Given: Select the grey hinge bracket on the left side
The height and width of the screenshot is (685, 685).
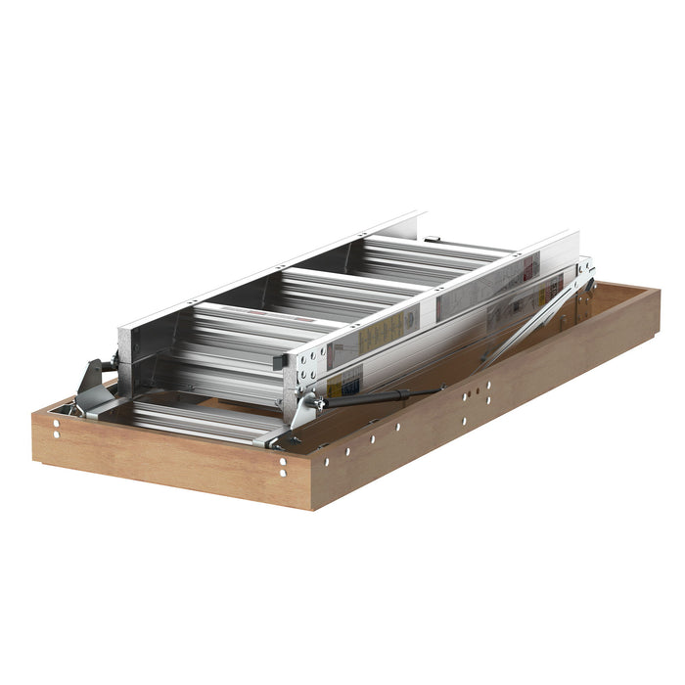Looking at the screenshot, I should point(96,376).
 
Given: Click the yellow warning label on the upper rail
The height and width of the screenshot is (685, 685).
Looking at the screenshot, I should point(377,336).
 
